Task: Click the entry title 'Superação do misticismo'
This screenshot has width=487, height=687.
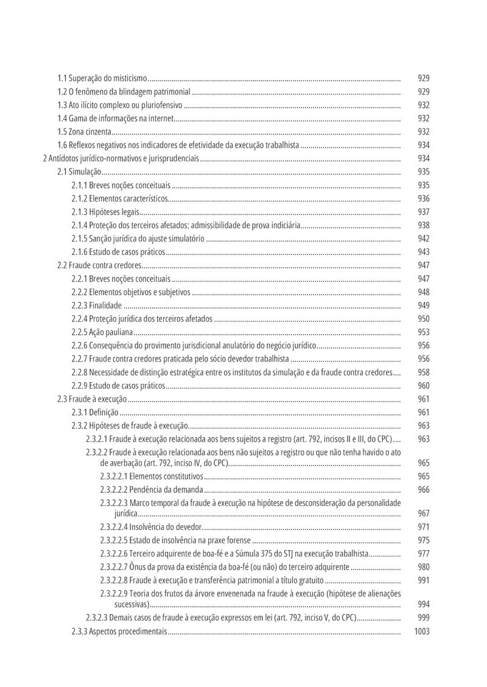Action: point(108,78)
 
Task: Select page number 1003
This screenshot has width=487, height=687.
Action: point(421,632)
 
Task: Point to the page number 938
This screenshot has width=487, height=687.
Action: point(424,225)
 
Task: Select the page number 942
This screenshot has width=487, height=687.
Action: point(424,239)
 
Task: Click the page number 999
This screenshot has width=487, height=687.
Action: point(424,618)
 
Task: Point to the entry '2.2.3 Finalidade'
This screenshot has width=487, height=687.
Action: point(96,305)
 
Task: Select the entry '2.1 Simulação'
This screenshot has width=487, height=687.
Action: point(79,172)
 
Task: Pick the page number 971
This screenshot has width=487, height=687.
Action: point(424,527)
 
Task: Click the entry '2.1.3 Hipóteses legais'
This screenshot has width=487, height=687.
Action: point(105,212)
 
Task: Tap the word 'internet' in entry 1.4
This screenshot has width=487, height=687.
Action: point(161,119)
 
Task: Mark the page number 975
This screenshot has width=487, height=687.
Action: point(424,540)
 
